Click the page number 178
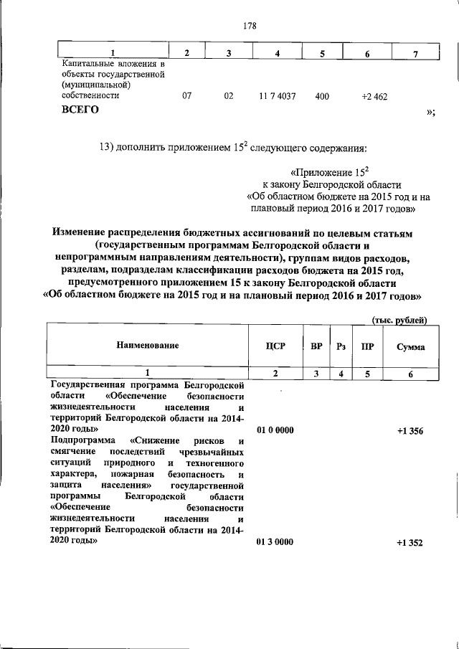click(x=250, y=26)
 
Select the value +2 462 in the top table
click(x=374, y=96)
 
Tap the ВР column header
click(x=316, y=346)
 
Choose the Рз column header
click(x=341, y=346)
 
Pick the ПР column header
click(x=367, y=346)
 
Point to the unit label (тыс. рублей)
click(x=399, y=320)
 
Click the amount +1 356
click(x=409, y=430)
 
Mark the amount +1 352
click(x=409, y=542)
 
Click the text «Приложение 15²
click(x=329, y=172)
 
